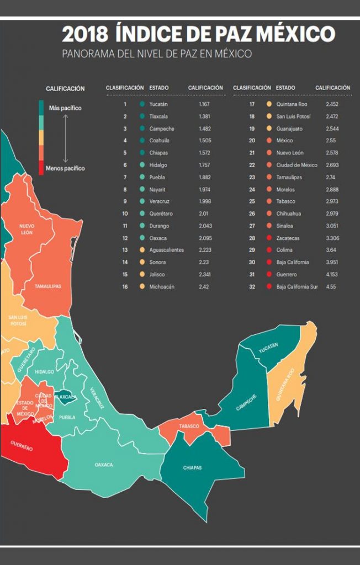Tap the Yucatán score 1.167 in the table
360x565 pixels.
pyautogui.click(x=204, y=104)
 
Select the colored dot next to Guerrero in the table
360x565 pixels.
pyautogui.click(x=269, y=275)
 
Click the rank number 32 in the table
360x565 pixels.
pyautogui.click(x=252, y=287)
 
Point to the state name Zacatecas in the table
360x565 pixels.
pyautogui.click(x=288, y=238)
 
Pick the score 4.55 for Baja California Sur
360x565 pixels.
pyautogui.click(x=331, y=287)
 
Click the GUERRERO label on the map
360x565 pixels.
pyautogui.click(x=22, y=446)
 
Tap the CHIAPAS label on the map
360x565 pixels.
pyautogui.click(x=192, y=468)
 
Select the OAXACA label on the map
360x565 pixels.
pyautogui.click(x=104, y=465)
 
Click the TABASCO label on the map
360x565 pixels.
pyautogui.click(x=189, y=427)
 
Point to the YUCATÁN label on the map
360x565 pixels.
pyautogui.click(x=268, y=348)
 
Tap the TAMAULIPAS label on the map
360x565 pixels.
pyautogui.click(x=48, y=286)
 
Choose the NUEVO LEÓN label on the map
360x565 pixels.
pyautogui.click(x=27, y=229)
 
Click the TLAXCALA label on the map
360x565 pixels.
pyautogui.click(x=66, y=397)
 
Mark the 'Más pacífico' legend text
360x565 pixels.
pyautogui.click(x=65, y=108)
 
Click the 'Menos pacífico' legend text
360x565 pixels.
pyautogui.click(x=65, y=168)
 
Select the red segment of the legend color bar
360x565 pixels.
pyautogui.click(x=41, y=168)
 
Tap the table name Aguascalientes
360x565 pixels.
pyautogui.click(x=167, y=250)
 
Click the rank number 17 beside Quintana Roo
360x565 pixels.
pyautogui.click(x=252, y=104)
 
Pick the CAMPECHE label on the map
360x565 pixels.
pyautogui.click(x=246, y=402)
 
